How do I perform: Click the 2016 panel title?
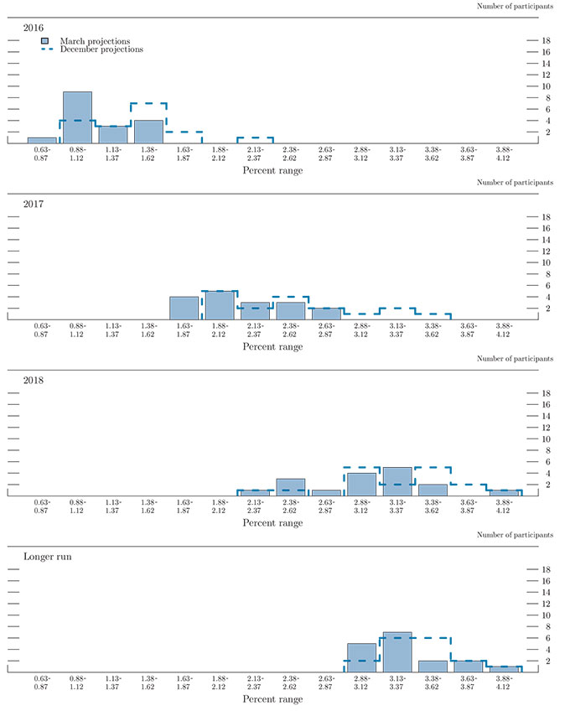tap(34, 28)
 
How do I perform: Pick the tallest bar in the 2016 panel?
tap(77, 117)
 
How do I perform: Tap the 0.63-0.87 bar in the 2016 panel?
tap(42, 140)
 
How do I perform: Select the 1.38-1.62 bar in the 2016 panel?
tap(148, 132)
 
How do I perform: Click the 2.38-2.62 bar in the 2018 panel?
tap(290, 487)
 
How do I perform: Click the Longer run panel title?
tap(47, 556)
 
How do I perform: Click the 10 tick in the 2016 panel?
tap(546, 86)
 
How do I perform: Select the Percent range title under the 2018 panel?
tap(272, 523)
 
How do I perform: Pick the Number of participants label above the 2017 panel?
tap(515, 181)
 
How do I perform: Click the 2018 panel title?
tap(34, 380)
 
